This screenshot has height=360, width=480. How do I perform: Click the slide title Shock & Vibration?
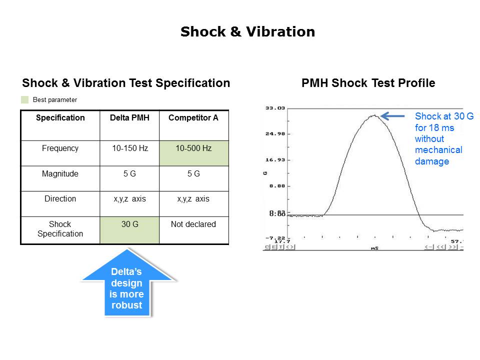coord(247,32)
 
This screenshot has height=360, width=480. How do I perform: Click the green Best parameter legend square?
coord(25,99)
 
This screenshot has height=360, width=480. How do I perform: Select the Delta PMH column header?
coord(129,118)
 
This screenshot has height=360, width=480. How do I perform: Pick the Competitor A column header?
coord(193,118)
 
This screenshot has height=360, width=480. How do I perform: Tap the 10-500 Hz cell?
coord(193,148)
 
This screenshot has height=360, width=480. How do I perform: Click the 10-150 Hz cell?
coord(129,148)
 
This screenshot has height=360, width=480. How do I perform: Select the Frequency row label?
coord(60,148)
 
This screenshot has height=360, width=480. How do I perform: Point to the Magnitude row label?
coord(60,174)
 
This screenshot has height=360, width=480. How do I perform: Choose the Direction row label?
coord(60,199)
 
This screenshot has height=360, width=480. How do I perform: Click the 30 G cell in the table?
coord(129,224)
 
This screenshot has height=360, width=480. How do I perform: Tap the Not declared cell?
coord(193,224)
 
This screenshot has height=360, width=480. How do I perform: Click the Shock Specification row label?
coord(60,229)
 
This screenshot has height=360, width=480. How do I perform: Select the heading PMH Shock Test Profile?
coord(368,83)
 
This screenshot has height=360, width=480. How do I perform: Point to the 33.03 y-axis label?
coord(274,108)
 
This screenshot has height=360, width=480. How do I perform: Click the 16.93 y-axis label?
coord(274,160)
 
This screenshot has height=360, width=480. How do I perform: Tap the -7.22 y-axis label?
coord(274,238)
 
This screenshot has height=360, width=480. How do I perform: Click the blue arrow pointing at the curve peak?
coord(393,116)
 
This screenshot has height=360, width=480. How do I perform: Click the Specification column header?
coord(60,118)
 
